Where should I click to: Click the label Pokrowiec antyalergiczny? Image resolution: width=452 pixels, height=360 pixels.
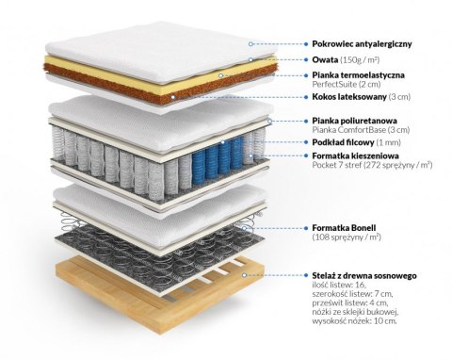(x=368, y=42)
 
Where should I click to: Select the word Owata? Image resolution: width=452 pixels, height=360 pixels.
(x=327, y=58)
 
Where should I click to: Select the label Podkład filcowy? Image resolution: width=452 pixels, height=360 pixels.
(x=346, y=142)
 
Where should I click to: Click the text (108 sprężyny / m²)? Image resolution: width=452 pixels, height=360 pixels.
(x=349, y=238)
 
